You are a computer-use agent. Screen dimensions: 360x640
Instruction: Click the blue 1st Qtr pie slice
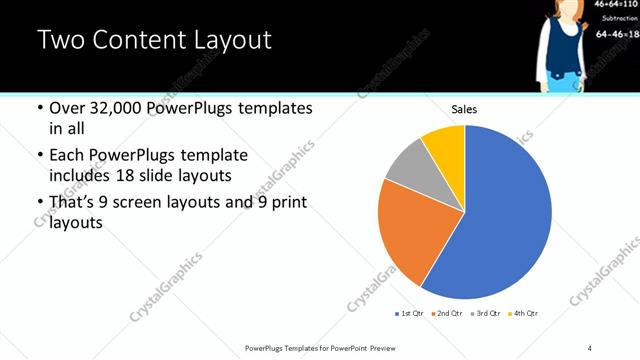pyautogui.click(x=510, y=220)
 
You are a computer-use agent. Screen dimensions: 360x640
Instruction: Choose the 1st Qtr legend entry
pyautogui.click(x=410, y=313)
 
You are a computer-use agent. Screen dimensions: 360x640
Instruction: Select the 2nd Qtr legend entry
pyautogui.click(x=448, y=313)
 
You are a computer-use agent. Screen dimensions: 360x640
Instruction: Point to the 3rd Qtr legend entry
pyautogui.click(x=487, y=313)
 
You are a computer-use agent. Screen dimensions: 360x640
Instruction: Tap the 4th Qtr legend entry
pyautogui.click(x=525, y=313)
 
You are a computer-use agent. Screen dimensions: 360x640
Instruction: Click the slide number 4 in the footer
pyautogui.click(x=590, y=347)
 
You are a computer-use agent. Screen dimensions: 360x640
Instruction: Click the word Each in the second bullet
pyautogui.click(x=67, y=155)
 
